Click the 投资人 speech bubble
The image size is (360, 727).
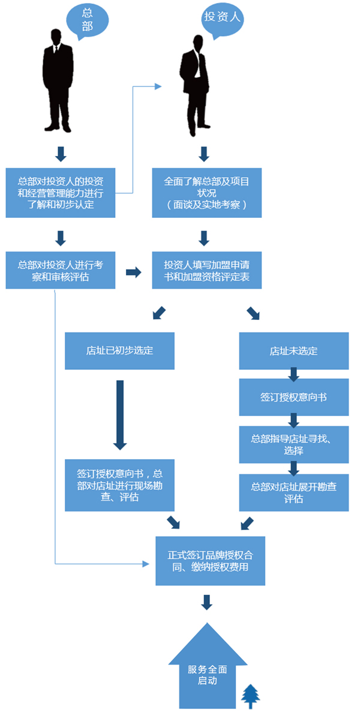point(223,17)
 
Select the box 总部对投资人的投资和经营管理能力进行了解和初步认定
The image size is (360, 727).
point(60,193)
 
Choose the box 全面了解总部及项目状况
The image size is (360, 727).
point(206,193)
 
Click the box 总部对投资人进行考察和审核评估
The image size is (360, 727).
point(60,270)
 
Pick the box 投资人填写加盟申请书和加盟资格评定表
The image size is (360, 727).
point(206,270)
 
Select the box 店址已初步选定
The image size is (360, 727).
point(119,351)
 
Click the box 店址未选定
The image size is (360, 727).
point(293,351)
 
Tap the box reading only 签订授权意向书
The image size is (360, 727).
point(293,397)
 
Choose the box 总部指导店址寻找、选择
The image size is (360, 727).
point(293,445)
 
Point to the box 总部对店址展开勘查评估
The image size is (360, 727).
point(293,493)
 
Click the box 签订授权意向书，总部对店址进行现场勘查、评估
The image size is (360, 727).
point(119,485)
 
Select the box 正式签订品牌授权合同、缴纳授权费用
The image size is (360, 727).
point(210,561)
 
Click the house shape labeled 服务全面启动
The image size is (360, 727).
point(207,672)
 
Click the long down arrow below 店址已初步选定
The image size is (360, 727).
point(120,415)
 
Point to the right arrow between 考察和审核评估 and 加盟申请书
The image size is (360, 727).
point(133,273)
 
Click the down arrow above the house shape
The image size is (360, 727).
point(207,602)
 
